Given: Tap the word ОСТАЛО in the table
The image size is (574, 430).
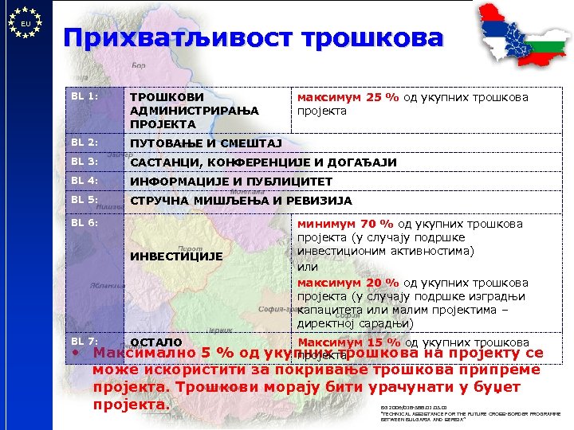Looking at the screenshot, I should click(x=151, y=342).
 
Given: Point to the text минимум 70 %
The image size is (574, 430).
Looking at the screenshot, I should click(x=346, y=224).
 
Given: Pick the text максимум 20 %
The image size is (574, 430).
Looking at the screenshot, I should click(x=348, y=283).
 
